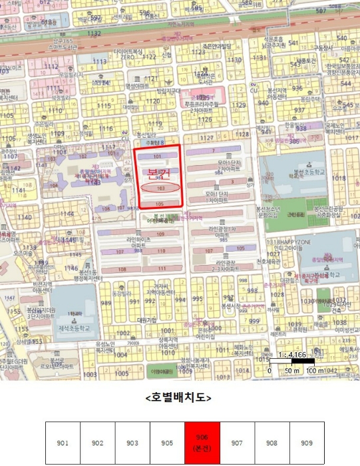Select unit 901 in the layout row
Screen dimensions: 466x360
(63, 443)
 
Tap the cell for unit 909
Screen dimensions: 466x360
(307, 443)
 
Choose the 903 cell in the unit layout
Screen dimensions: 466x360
(132, 443)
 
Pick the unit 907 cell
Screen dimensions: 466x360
(237, 443)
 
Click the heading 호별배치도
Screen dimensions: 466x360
(179, 397)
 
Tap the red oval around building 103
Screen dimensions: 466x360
(160, 188)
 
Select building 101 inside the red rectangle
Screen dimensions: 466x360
(158, 156)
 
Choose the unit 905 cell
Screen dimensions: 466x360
(168, 443)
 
